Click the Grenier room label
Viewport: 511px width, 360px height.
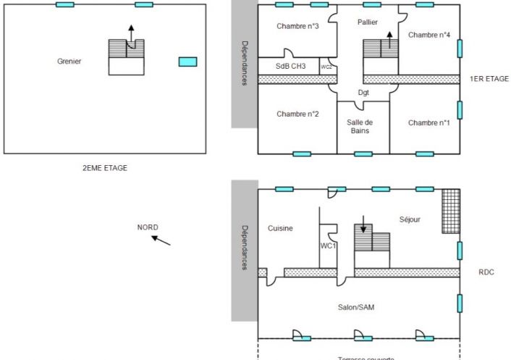(69, 62)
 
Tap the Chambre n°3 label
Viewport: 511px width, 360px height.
(298, 27)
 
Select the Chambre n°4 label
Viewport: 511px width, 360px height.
(429, 35)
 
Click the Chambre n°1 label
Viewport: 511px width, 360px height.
(429, 122)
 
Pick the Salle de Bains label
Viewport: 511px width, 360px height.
(360, 127)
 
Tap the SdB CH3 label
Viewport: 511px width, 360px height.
(291, 67)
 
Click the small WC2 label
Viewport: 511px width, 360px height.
(326, 67)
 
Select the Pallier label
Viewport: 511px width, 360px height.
(368, 22)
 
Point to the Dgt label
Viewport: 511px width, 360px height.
(363, 93)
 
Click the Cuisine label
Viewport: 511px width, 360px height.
(280, 228)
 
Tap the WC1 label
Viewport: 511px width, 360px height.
(328, 246)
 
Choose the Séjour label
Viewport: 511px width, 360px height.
(410, 219)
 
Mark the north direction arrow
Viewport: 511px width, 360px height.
(161, 240)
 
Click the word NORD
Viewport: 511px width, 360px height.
(148, 227)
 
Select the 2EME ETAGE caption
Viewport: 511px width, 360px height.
(105, 168)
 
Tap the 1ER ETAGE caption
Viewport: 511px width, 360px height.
(489, 79)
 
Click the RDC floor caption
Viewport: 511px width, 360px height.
(486, 273)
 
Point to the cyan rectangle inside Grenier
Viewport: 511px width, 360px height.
(187, 62)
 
